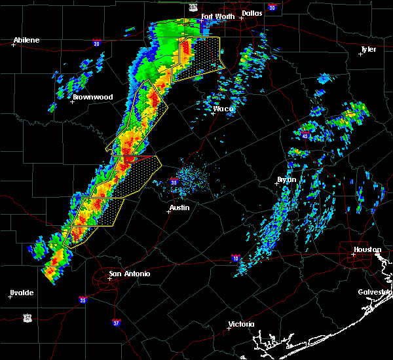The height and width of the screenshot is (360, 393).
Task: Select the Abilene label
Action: click(x=27, y=40)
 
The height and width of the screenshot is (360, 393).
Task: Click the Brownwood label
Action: click(x=92, y=97)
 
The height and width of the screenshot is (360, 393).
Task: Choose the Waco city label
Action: click(x=223, y=109)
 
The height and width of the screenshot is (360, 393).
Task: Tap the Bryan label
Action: click(x=286, y=179)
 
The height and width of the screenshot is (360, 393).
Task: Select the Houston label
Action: click(x=367, y=249)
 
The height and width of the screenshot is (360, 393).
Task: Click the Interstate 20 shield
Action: click(x=96, y=44)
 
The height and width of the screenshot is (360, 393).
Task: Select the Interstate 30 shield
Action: click(x=271, y=8)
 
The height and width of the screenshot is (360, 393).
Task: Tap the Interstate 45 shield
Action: click(x=306, y=135)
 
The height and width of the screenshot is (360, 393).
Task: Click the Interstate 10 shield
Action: click(x=236, y=259)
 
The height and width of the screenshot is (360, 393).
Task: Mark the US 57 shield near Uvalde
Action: click(x=27, y=317)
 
